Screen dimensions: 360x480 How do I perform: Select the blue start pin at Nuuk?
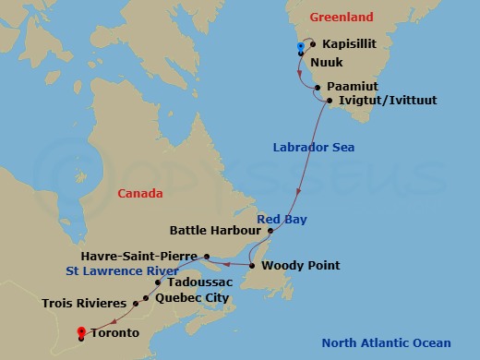pos(300,48)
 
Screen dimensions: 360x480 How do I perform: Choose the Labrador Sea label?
pos(314,148)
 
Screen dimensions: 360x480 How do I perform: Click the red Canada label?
pos(140,194)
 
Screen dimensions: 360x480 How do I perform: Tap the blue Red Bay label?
pos(282,220)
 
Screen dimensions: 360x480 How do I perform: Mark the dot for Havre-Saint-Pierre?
pos(207,257)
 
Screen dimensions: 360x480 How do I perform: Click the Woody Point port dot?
pos(252,266)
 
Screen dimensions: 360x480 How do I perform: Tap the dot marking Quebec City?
pos(146,298)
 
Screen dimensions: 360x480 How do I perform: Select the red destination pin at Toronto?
pos(81,332)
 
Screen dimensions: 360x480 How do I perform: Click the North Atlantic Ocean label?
pos(386,343)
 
